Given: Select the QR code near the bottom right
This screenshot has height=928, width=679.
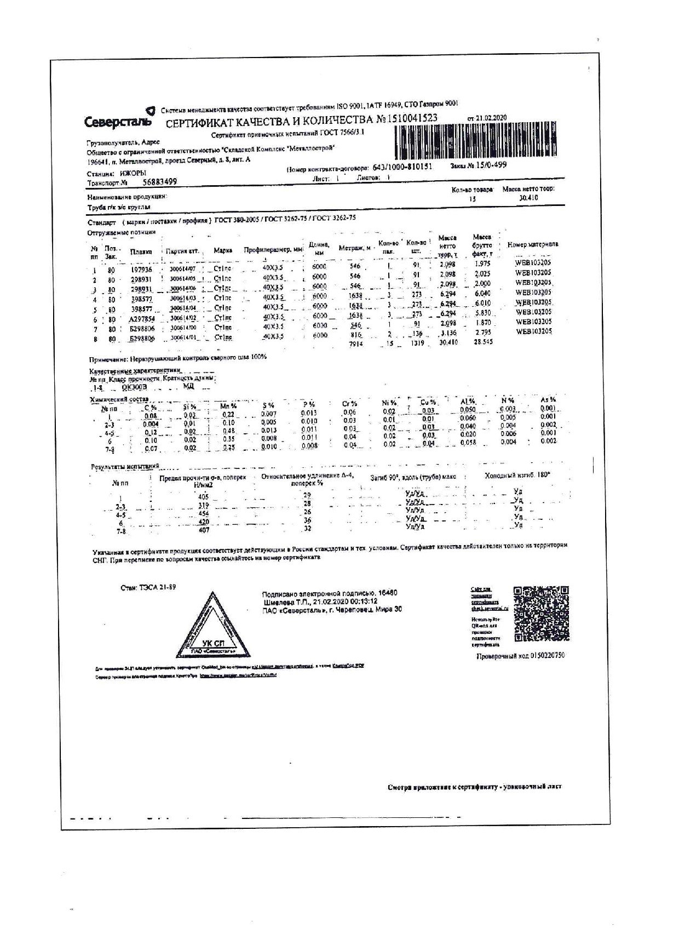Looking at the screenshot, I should tap(541, 614).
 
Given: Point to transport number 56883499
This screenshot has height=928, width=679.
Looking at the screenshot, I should tap(160, 182).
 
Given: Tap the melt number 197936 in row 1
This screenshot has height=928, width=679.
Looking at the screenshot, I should tap(141, 270).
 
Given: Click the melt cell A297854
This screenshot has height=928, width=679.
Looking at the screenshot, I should tap(142, 319).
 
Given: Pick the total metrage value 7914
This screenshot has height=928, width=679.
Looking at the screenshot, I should tap(356, 343).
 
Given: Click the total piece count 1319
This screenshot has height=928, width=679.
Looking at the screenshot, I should tap(417, 343).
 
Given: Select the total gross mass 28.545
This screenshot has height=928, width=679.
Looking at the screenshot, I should tap(483, 342).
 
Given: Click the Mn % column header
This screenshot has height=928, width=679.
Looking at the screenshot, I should tap(228, 406).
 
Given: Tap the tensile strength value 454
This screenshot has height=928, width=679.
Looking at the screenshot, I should tap(204, 515).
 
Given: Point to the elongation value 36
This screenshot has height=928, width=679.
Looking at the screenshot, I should tap(307, 520).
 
